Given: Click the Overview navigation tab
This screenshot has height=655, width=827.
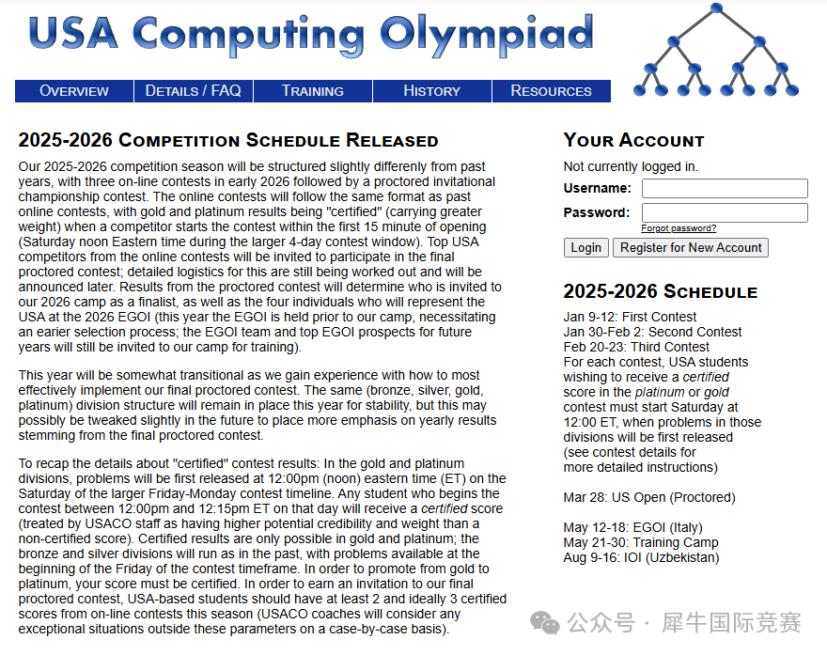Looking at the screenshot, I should click(x=74, y=91).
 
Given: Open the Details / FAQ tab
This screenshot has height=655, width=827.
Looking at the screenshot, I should click(x=194, y=91).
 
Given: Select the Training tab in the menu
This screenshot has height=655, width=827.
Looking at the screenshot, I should click(x=313, y=91).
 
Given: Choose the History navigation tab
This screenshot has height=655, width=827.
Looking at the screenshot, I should click(x=431, y=91).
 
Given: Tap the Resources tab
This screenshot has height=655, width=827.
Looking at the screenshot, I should click(x=551, y=91).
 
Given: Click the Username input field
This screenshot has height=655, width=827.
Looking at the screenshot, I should click(x=725, y=188).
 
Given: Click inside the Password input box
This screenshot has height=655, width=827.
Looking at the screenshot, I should click(x=725, y=212).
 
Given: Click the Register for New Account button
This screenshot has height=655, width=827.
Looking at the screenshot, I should click(x=691, y=248).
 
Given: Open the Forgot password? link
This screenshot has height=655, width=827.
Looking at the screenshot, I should click(x=679, y=228).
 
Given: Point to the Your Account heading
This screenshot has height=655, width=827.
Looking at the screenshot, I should click(x=633, y=141).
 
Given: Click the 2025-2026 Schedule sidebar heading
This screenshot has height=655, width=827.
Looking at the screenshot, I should click(x=660, y=291).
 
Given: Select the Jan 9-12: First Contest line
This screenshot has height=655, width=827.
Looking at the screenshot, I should click(x=631, y=317).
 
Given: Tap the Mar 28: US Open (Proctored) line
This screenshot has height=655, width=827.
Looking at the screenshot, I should click(x=649, y=497).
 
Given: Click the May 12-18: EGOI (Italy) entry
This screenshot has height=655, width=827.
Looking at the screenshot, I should click(x=632, y=527).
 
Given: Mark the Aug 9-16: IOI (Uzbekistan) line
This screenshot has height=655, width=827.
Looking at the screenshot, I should click(x=641, y=557).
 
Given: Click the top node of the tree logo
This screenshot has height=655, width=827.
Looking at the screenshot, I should click(x=717, y=8).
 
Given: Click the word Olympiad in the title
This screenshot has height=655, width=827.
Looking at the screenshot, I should click(x=487, y=34).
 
